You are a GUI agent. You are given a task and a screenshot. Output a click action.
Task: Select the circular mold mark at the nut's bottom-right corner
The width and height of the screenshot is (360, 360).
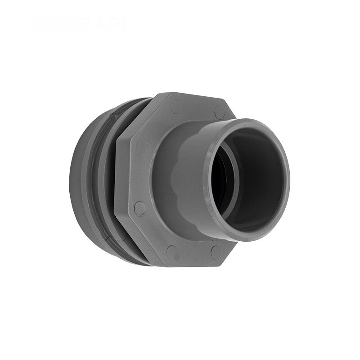coord(216,252)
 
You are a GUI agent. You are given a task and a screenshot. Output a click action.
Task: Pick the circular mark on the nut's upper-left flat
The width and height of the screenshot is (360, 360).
coord(176,107)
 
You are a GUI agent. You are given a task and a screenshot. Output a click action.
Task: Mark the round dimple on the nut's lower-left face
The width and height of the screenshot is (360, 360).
coord(140,208)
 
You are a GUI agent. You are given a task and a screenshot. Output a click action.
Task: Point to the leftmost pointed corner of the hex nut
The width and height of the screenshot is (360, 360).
coord(116,180)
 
